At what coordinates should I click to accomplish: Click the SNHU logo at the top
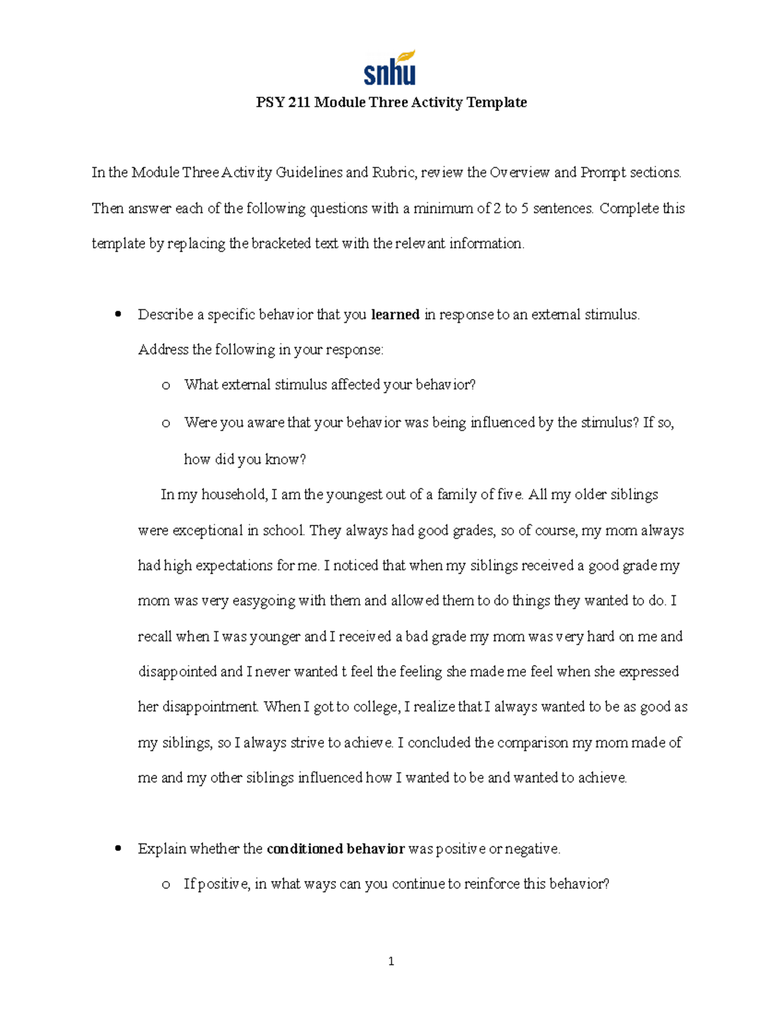click(389, 68)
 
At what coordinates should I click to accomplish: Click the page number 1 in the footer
click(391, 961)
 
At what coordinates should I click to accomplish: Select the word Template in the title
click(497, 102)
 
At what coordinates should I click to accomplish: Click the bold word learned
click(395, 314)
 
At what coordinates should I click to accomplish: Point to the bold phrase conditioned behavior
click(336, 849)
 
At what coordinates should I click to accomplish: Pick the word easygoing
click(264, 601)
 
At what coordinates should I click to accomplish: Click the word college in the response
click(376, 707)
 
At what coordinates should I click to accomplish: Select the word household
click(233, 495)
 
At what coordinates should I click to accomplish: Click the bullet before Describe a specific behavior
click(118, 314)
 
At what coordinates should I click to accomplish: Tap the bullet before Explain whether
click(118, 848)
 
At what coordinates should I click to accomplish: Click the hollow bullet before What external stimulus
click(166, 386)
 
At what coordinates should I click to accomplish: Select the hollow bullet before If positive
click(166, 885)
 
